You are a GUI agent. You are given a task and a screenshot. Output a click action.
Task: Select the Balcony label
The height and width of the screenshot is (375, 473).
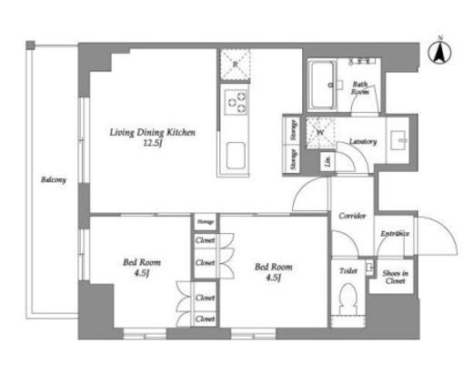pos(53,179)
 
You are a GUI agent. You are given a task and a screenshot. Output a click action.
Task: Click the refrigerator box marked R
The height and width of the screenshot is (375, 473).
pos(235,64)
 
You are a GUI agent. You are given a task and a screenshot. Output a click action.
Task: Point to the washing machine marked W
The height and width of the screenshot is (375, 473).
pos(320,131)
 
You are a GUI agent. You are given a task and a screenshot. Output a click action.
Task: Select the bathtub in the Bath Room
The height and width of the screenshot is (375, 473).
pos(324,86)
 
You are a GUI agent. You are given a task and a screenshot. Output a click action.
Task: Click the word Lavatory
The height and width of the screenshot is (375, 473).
pos(364,143)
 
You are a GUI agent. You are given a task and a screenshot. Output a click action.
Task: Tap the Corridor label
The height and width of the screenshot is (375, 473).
pos(352,216)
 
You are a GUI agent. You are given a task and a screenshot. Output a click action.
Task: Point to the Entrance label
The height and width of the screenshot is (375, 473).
pos(394,234)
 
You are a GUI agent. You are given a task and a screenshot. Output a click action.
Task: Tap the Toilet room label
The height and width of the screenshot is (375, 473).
pos(347,270)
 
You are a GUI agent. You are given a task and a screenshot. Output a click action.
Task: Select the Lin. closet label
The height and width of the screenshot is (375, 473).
pos(327,162)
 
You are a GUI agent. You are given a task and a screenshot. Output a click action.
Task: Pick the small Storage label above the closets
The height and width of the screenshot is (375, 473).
pos(205,220)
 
